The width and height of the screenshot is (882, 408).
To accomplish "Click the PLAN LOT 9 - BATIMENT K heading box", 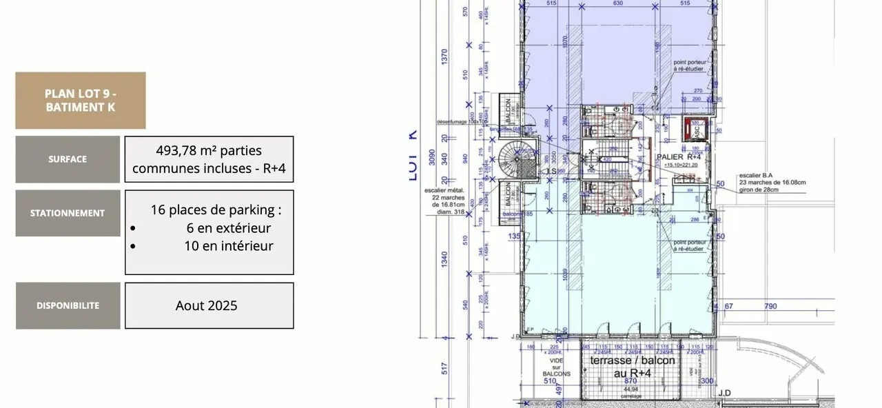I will (x=80, y=100).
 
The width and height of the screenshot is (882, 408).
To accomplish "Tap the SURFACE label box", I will (x=68, y=159).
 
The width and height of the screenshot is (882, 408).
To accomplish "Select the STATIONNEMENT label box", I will (x=68, y=213).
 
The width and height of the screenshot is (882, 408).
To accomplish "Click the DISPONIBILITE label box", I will (x=68, y=305).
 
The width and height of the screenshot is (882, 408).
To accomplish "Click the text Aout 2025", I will (x=206, y=305).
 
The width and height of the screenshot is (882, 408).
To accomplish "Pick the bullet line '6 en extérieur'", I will (x=228, y=228).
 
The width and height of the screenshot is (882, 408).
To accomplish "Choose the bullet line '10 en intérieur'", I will (x=228, y=246).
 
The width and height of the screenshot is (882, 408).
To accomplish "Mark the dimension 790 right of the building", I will (x=770, y=306).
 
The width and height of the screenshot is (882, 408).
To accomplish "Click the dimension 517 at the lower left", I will (x=444, y=369).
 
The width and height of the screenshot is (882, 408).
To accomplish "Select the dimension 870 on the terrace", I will (x=630, y=380).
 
